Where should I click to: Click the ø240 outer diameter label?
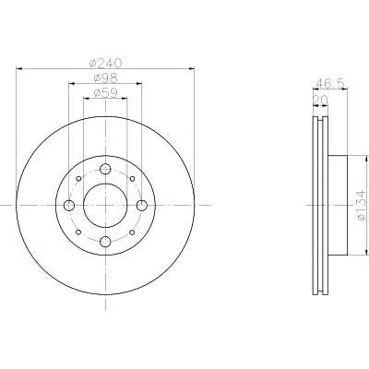click(105, 63)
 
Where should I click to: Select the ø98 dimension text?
click(105, 78)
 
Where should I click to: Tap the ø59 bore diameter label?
click(105, 93)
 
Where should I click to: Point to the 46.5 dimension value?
click(331, 83)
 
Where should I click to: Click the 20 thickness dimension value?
click(320, 100)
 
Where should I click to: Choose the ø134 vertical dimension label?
click(361, 205)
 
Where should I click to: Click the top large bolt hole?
click(105, 169)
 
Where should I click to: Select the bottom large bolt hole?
click(105, 242)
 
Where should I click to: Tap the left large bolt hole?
click(69, 206)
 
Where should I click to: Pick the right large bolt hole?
click(142, 206)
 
